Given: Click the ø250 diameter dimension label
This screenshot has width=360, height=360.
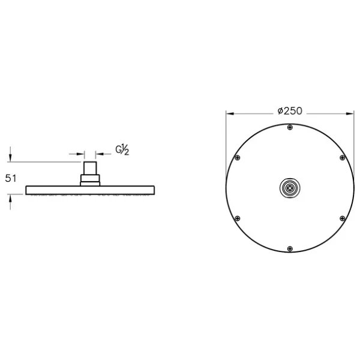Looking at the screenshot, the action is [290, 111].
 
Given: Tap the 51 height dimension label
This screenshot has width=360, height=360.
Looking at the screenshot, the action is [11, 178].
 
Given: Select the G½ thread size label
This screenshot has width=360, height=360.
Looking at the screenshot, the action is [122, 149].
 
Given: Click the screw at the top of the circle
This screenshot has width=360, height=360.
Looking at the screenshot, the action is [290, 127].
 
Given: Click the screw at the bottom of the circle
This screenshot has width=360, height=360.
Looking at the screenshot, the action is [290, 248].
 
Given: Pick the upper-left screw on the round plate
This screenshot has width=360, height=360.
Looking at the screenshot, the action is [238, 158].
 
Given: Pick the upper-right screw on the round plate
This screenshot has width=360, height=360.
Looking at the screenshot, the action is [343, 158].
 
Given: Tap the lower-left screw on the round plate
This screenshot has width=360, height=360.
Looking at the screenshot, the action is [238, 218].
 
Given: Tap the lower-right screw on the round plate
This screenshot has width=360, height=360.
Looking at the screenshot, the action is [343, 218].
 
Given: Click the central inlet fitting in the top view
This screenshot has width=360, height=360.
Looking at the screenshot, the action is [290, 188].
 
